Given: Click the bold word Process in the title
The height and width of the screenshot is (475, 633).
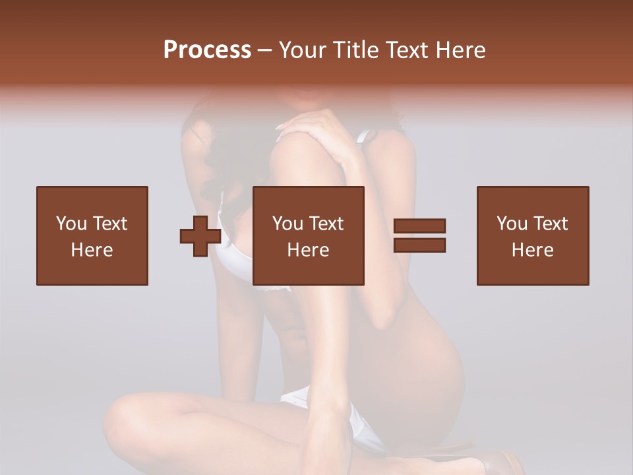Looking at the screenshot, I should tap(207, 49).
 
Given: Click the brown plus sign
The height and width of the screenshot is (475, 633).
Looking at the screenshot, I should tap(200, 236).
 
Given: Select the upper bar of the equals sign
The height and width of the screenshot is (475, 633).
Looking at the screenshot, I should tap(419, 226).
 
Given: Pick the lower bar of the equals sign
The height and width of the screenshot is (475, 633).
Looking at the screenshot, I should tap(419, 245).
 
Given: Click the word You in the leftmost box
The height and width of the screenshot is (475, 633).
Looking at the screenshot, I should tap(71, 224).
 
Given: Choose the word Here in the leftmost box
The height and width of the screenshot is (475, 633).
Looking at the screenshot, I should tap(92, 250).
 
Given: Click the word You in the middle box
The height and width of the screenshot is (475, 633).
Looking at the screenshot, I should tap(287, 224).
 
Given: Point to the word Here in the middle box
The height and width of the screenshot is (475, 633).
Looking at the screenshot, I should tap(308, 250).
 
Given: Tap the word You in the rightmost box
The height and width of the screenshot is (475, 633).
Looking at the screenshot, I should tap(512, 224).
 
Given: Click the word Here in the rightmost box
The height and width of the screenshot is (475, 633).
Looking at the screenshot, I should tap(532, 250).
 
